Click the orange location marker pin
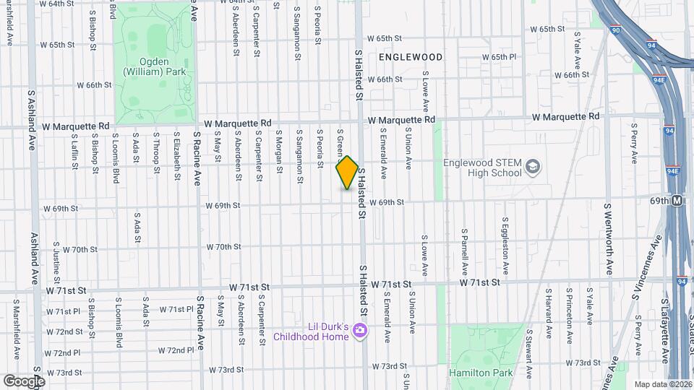(347, 173)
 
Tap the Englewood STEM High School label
(482, 168)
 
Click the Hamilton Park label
(480, 373)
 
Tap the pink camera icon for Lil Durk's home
(360, 331)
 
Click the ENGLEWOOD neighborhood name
(410, 56)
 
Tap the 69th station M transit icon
(677, 201)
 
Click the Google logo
(24, 381)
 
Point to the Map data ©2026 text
(663, 384)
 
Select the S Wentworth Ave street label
(609, 239)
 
